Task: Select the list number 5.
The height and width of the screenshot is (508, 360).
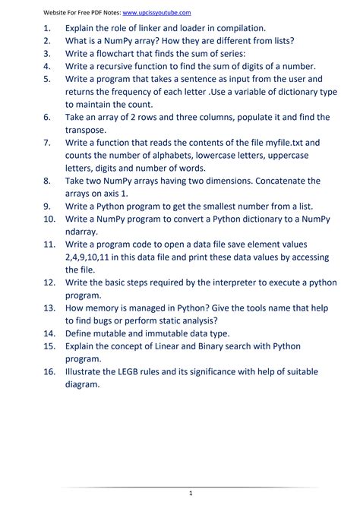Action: click(x=47, y=79)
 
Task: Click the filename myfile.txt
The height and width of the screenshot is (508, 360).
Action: click(x=274, y=142)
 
